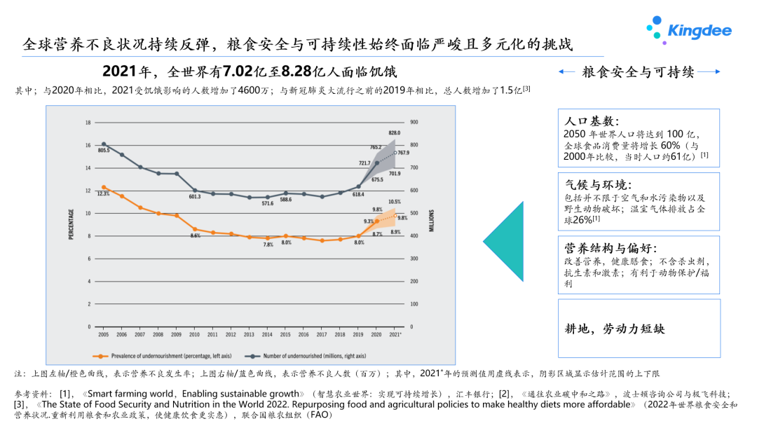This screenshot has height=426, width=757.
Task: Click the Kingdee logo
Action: [689, 29]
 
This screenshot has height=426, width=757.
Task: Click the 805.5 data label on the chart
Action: [104, 151]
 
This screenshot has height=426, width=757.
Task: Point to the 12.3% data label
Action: [103, 193]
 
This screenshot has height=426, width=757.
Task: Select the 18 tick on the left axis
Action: [88, 122]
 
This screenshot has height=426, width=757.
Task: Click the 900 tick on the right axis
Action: [414, 122]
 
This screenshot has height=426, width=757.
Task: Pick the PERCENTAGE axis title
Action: [71, 224]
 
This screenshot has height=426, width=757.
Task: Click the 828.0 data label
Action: [395, 132]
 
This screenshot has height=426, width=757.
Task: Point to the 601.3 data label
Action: [194, 197]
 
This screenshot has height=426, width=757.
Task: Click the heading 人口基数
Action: [592, 121]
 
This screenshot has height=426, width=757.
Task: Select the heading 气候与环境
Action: [598, 185]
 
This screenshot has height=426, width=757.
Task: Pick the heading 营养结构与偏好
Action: [611, 248]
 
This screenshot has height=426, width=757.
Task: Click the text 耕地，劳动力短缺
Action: [614, 329]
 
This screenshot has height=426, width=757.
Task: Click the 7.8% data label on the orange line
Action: [268, 245]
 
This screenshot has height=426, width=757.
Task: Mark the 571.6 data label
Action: [267, 204]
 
